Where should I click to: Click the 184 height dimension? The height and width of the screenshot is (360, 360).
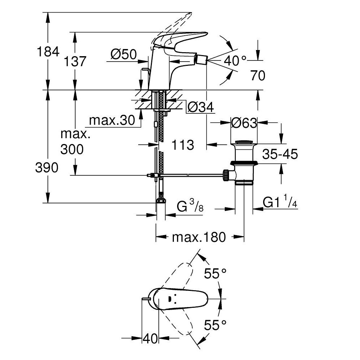48,52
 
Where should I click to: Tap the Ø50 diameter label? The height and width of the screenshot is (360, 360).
123,54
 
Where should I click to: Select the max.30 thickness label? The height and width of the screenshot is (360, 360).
112,121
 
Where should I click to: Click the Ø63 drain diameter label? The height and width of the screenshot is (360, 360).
244,123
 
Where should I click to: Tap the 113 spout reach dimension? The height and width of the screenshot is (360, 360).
183,145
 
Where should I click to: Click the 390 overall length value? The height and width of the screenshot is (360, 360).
47,167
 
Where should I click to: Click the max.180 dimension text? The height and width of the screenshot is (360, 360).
199,237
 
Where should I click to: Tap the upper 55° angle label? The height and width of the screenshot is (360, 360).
216,274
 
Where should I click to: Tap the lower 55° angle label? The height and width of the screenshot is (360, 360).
216,325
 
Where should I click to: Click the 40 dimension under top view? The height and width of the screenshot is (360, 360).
150,338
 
